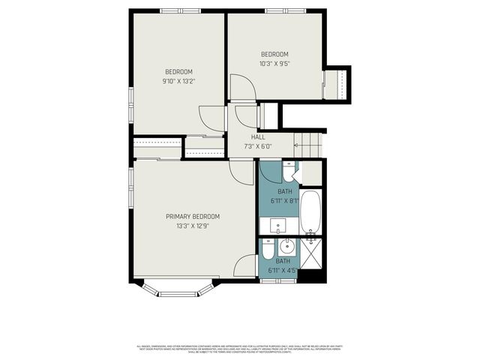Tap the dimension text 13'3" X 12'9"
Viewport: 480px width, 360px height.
(x=193, y=225)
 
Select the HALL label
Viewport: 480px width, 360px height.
(x=257, y=137)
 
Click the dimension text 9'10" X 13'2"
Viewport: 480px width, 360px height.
(x=180, y=81)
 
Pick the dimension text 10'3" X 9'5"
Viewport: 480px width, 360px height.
(x=274, y=63)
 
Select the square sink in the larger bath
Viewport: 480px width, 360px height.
(x=277, y=225)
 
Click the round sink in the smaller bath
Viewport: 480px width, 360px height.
(x=286, y=245)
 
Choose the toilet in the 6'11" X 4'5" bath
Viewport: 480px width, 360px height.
(x=268, y=249)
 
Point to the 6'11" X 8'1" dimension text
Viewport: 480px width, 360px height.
(x=284, y=200)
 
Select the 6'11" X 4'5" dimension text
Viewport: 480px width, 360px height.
(x=283, y=270)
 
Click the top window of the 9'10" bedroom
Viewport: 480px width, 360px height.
(x=180, y=10)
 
